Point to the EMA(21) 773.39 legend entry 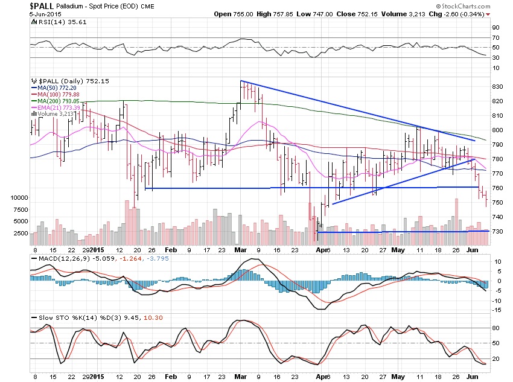[x=59, y=107]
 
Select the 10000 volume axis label [x=18, y=197]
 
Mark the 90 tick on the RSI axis [x=494, y=27]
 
